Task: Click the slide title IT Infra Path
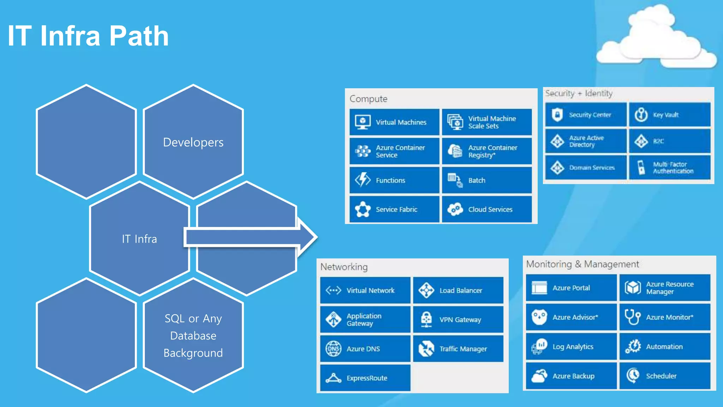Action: coord(88,36)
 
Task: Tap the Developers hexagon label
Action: coord(193,142)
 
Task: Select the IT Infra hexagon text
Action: coord(139,239)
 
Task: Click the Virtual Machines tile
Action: coord(394,122)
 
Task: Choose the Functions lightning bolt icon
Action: coord(363,180)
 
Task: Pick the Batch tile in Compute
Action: coord(486,180)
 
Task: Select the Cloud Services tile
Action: coord(486,210)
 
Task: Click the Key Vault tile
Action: coord(670,115)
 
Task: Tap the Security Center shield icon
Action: coord(557,115)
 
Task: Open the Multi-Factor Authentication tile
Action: coord(670,168)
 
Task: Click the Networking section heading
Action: coord(344,267)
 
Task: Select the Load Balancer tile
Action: coord(458,290)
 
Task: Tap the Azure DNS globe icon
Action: coord(333,349)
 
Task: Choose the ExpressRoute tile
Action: coord(365,378)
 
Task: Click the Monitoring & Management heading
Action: coord(582,264)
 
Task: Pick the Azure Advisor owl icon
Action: coord(539,317)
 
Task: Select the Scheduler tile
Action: coord(665,376)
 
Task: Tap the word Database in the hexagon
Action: coord(193,336)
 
